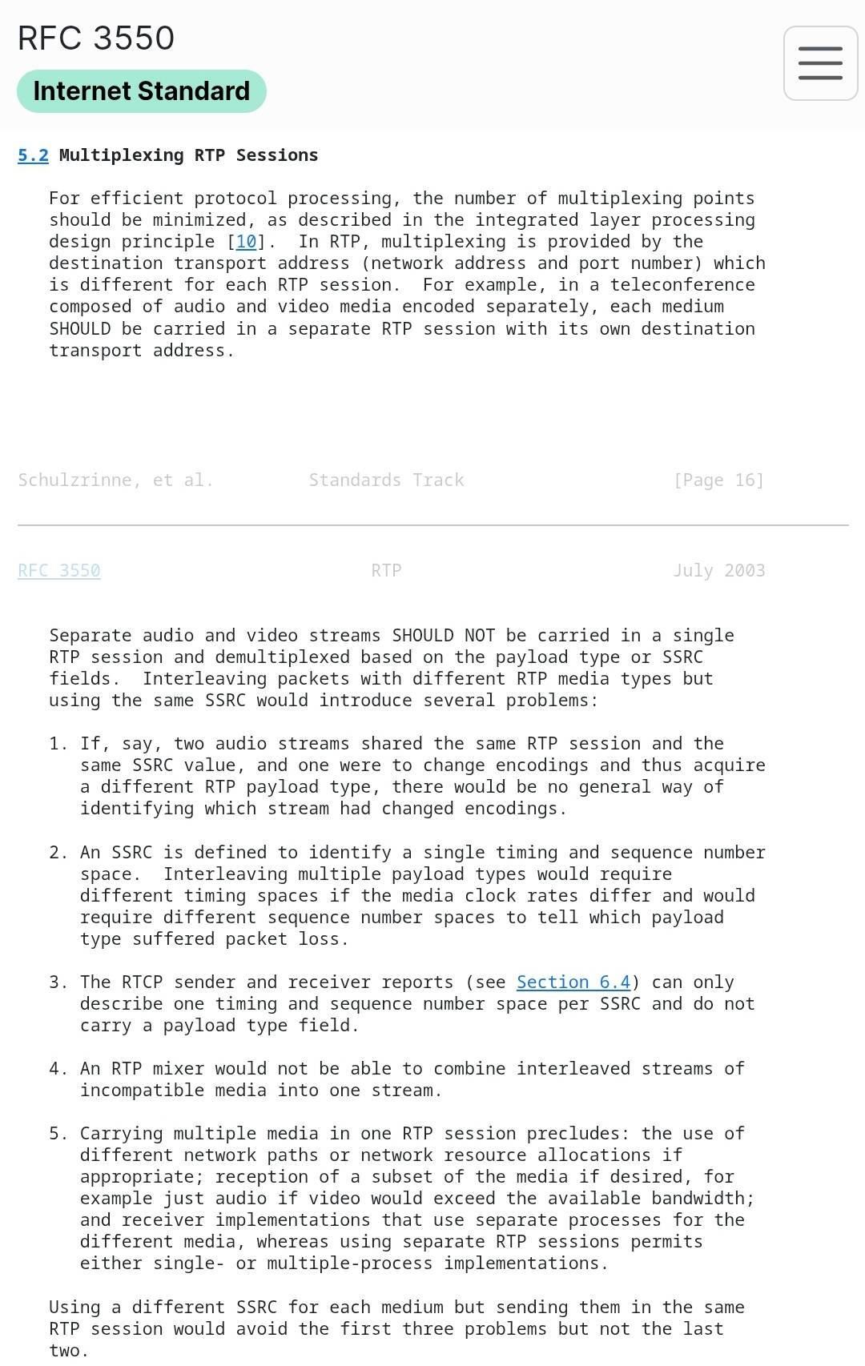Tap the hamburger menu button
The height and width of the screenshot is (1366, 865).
[x=820, y=63]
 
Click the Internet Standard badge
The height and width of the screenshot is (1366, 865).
[x=141, y=91]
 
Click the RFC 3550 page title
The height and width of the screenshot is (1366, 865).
[x=96, y=38]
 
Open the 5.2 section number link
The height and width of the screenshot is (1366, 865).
[x=33, y=155]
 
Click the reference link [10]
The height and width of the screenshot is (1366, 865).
[x=246, y=242]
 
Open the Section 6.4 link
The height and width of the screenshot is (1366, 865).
[x=573, y=982]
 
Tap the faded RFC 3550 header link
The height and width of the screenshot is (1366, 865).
[x=59, y=571]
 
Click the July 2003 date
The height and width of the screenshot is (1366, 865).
[x=718, y=571]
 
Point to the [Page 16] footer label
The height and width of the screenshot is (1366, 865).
[x=718, y=480]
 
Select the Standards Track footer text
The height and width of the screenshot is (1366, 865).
[x=386, y=480]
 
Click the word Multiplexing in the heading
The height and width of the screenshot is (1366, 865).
[x=121, y=155]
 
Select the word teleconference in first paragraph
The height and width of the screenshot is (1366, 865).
[x=682, y=285]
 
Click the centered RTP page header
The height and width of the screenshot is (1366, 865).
[x=386, y=571]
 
